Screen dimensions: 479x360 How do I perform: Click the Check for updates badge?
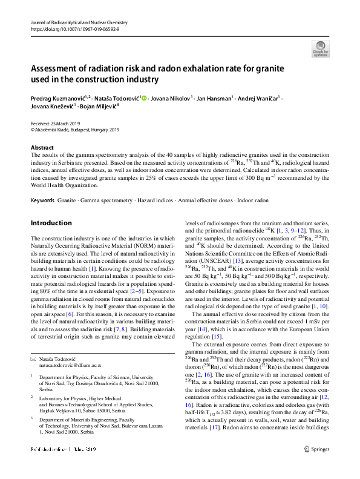320,48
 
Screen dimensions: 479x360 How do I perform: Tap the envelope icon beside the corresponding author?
33,360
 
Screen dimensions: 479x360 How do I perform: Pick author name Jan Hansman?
213,97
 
